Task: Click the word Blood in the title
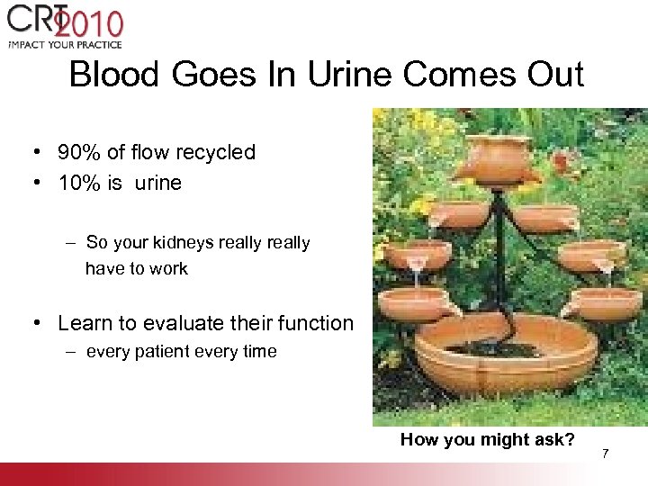click(107, 75)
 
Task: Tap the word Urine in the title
click(340, 75)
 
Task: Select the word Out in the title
click(553, 75)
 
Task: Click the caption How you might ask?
click(487, 439)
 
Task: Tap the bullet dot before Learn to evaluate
click(40, 323)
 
